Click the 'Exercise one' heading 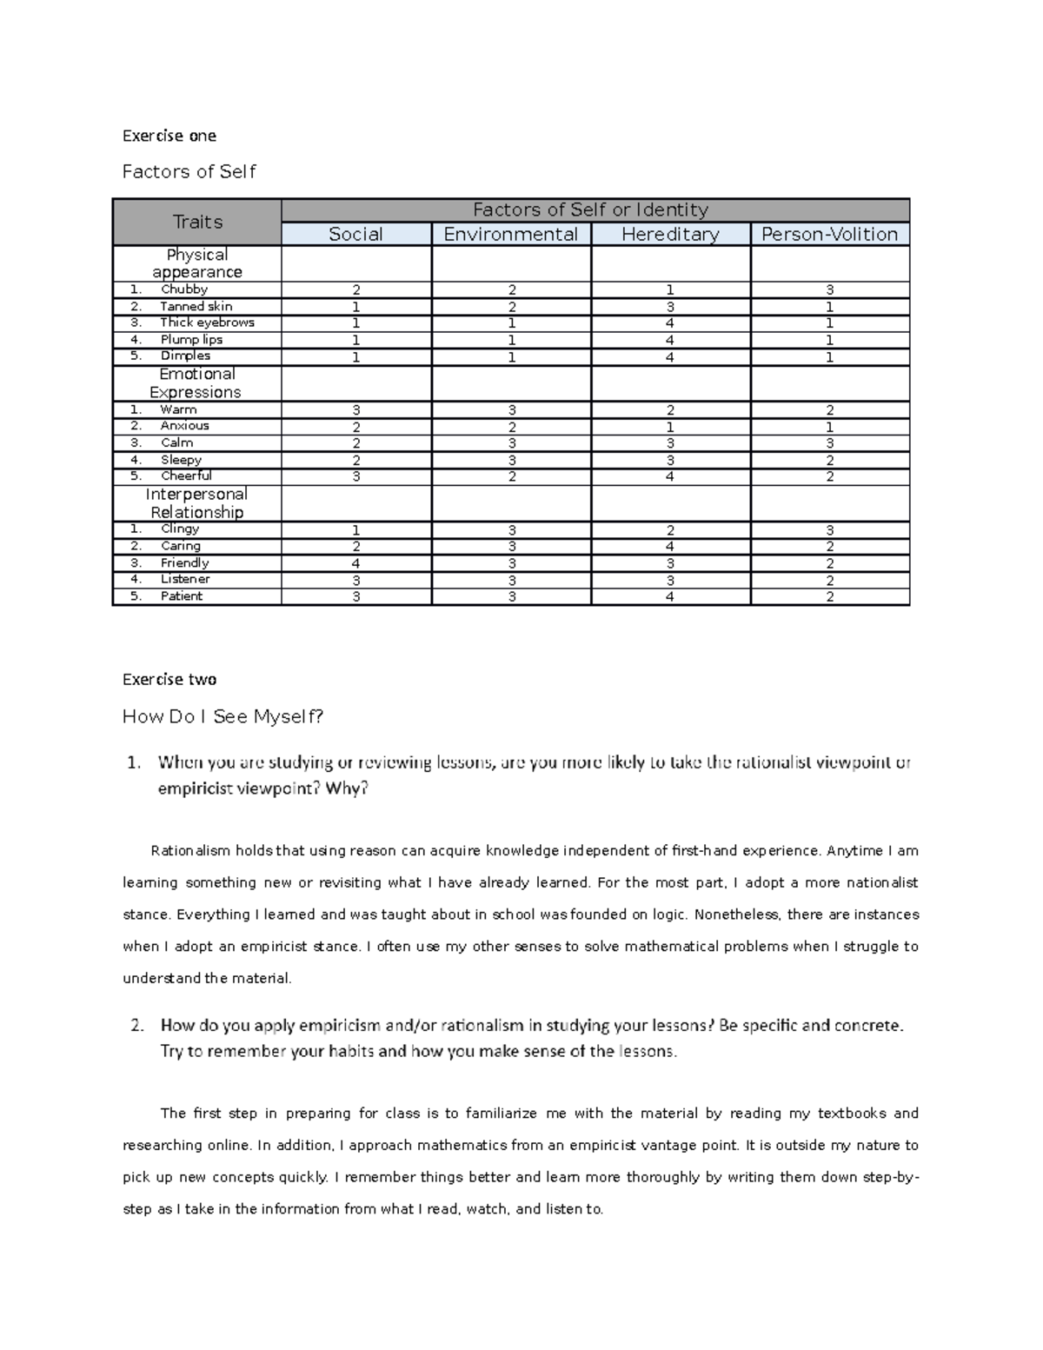pos(169,136)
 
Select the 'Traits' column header pos(197,222)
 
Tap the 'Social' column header pos(355,235)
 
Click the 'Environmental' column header pos(510,235)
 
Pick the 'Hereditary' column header pos(670,235)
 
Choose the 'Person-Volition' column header pos(829,235)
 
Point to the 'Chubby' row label pos(184,289)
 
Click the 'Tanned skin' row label pos(196,306)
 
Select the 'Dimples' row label pos(185,356)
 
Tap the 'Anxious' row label pos(184,426)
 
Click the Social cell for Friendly pos(355,563)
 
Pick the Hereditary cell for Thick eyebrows pos(670,323)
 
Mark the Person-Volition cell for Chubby pos(829,290)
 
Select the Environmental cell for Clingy pos(511,530)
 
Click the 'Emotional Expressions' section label pos(196,383)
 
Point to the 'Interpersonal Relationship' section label pos(196,503)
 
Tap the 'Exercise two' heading pos(169,679)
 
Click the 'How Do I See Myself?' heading pos(223,716)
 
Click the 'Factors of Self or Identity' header pos(590,209)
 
